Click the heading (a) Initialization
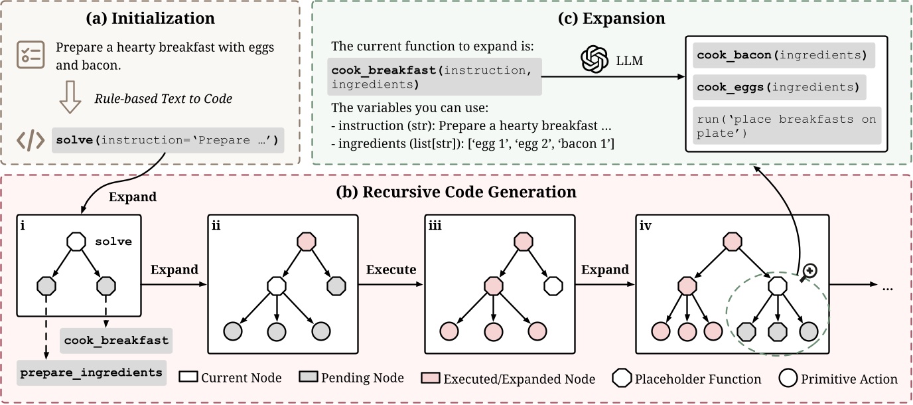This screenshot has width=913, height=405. (x=150, y=19)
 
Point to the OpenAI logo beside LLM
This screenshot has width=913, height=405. (x=594, y=60)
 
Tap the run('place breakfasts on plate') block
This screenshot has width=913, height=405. (x=786, y=125)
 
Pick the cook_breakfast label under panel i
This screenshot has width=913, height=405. (x=116, y=340)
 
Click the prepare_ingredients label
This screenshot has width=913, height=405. (x=91, y=372)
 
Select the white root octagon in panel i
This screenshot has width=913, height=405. (x=77, y=241)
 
